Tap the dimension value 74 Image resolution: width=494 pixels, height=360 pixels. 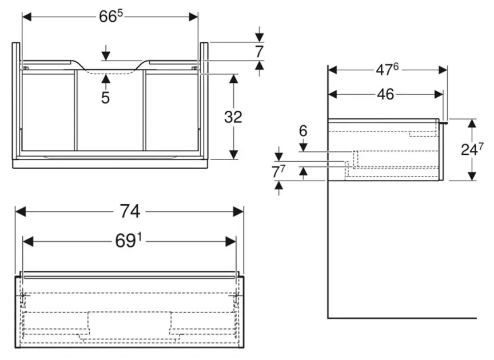point(130,211)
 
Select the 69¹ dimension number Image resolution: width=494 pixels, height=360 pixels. point(129,242)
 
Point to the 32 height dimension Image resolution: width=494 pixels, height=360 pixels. point(233,117)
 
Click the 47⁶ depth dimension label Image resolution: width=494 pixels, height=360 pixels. point(387,70)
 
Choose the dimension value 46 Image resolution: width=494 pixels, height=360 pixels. point(386,94)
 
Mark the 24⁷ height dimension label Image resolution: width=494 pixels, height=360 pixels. point(472,150)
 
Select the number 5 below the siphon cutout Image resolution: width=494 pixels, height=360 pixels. point(106,97)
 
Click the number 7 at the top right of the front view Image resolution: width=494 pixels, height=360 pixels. point(259,51)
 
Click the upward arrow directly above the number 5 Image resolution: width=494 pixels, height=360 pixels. point(106,78)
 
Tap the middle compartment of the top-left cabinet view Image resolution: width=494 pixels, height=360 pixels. point(110,111)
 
